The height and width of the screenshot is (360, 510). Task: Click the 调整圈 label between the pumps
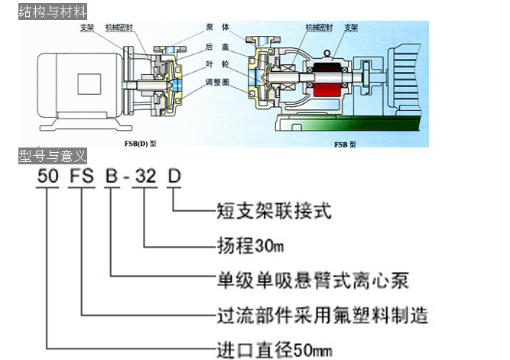click(219, 81)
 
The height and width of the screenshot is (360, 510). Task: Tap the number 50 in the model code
click(47, 176)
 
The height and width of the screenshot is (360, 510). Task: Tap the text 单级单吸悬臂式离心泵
click(309, 281)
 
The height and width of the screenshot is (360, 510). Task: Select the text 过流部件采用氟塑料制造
click(319, 315)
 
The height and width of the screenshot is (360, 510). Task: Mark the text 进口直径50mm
click(271, 351)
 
